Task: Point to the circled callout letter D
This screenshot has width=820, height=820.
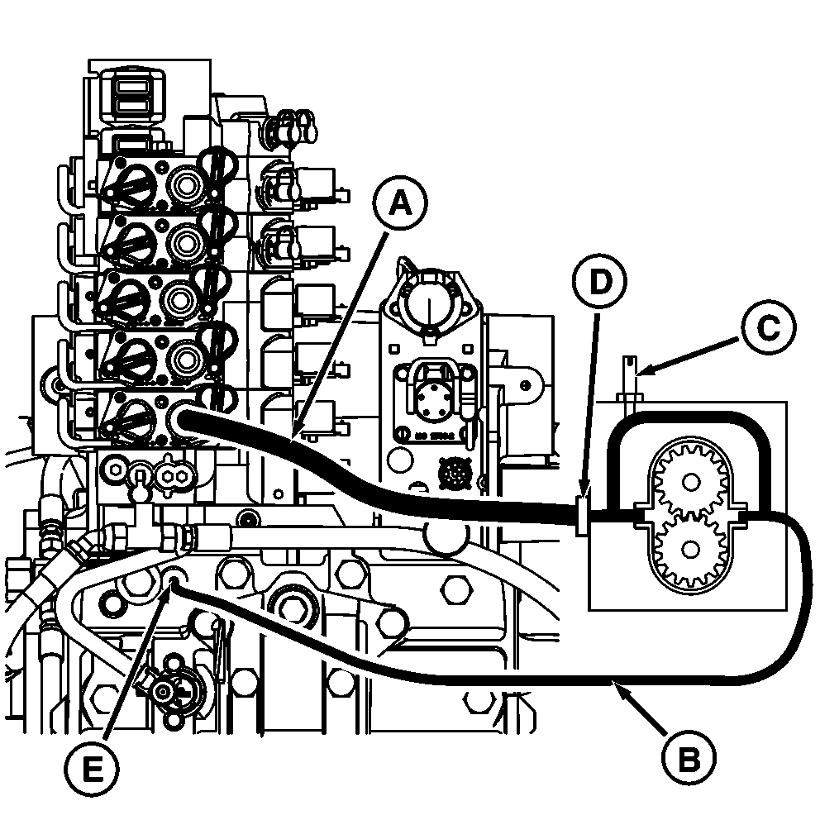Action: (600, 282)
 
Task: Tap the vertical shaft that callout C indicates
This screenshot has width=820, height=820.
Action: (631, 376)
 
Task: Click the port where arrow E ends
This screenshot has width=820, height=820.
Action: (174, 584)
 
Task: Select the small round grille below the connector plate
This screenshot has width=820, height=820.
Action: (452, 473)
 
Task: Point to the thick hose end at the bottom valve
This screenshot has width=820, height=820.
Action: (184, 417)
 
